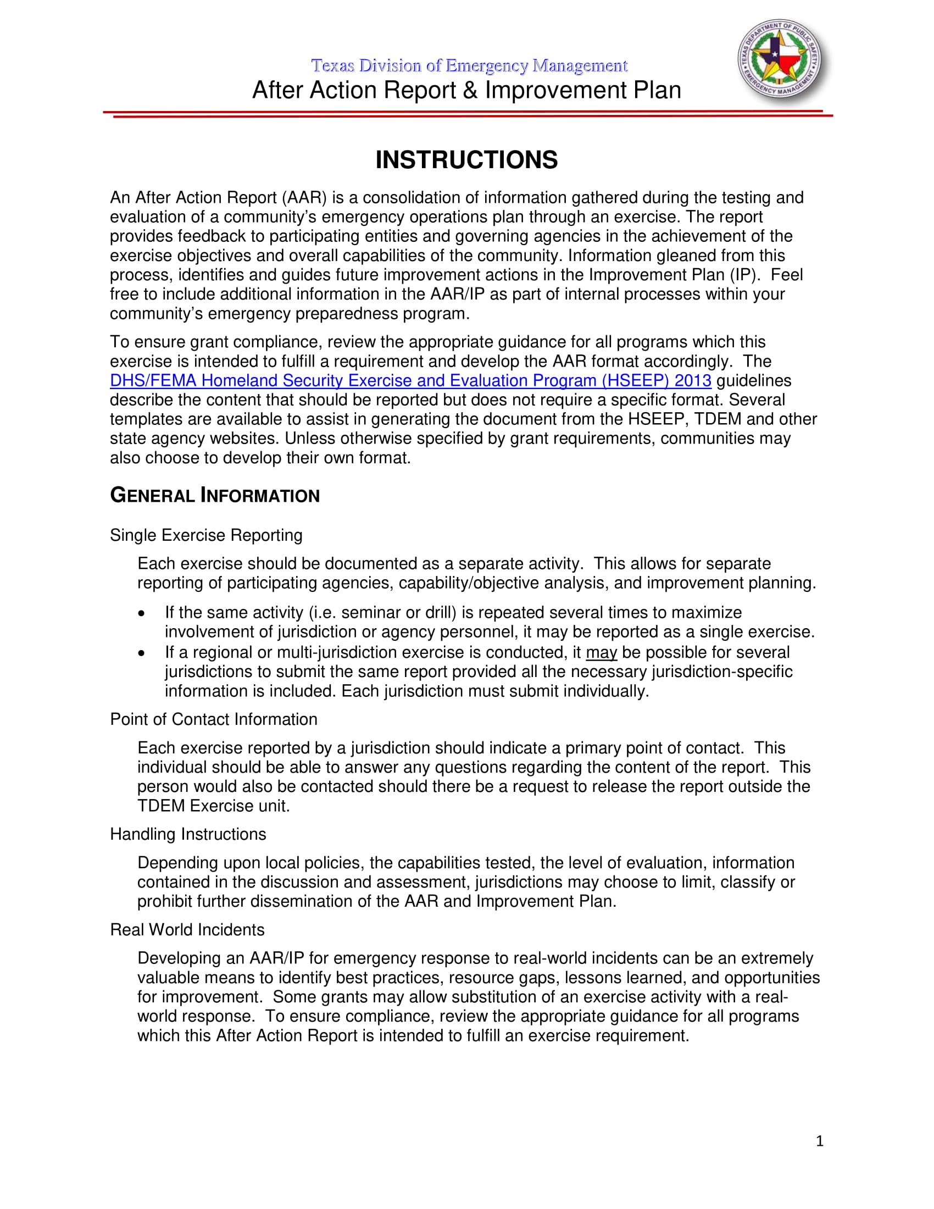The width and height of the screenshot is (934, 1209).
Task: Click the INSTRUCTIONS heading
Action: (466, 160)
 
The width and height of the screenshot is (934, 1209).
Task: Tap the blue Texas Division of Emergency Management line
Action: (469, 66)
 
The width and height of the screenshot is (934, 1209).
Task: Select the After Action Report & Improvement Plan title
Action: (466, 90)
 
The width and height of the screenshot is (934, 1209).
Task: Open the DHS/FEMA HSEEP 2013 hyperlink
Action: (410, 381)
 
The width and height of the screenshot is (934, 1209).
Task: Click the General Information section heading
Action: (215, 495)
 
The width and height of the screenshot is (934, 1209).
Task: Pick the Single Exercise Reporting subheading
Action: (206, 535)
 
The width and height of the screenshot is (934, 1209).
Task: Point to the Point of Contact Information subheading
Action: (214, 719)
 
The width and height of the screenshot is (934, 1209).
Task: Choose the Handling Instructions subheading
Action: (187, 834)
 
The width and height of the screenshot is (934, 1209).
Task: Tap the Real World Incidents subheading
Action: (187, 929)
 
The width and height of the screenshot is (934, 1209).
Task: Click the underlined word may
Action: (601, 653)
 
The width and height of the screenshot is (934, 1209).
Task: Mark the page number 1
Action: (820, 1141)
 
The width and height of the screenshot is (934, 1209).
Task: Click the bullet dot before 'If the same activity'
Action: (142, 613)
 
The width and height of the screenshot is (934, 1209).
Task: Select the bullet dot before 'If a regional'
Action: (142, 653)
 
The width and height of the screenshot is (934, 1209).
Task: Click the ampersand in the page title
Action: (470, 90)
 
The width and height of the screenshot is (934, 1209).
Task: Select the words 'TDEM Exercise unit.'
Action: (214, 806)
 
